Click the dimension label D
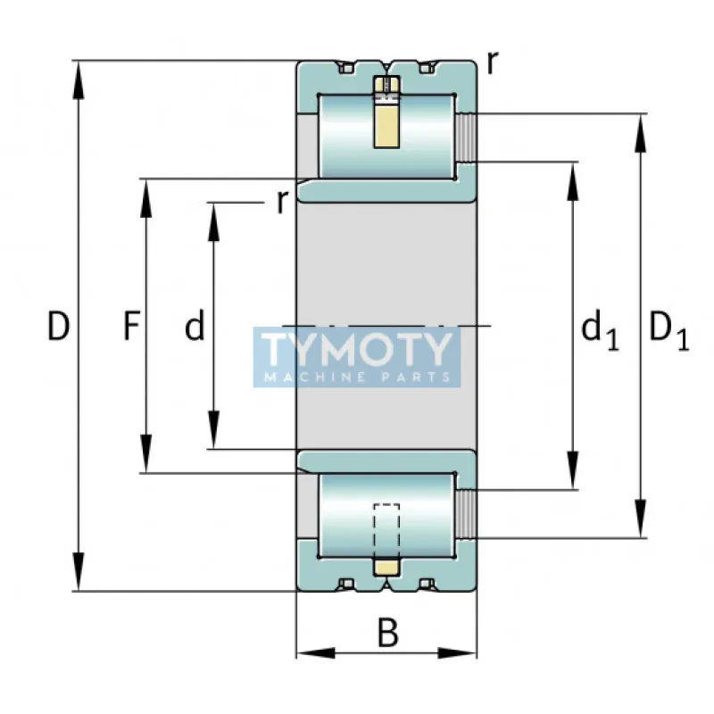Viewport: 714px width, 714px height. [58, 328]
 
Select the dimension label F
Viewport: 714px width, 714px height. [131, 328]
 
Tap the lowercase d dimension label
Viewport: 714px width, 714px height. [195, 328]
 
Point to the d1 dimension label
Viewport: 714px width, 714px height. [599, 330]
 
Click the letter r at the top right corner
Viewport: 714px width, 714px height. [493, 61]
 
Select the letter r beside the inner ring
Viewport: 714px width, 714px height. [282, 201]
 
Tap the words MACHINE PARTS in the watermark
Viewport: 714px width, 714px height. [357, 377]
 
